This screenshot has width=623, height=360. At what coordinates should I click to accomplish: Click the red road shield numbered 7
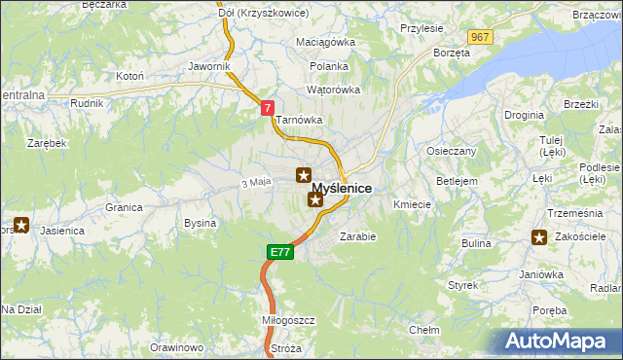click(268, 109)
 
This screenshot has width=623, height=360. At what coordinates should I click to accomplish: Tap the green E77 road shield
click(279, 252)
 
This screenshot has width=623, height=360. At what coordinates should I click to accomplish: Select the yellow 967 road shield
click(478, 37)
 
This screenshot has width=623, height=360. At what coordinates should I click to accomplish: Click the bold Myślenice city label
click(342, 188)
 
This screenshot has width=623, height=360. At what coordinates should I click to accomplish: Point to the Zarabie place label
click(357, 235)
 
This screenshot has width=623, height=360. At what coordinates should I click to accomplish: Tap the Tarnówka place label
click(298, 121)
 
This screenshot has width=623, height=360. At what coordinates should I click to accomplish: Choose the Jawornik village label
click(209, 66)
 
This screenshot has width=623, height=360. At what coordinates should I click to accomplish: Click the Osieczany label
click(452, 151)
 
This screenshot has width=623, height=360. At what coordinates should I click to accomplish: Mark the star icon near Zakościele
click(539, 236)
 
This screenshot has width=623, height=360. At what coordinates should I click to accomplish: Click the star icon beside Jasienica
click(21, 225)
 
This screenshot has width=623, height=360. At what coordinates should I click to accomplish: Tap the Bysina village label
click(200, 223)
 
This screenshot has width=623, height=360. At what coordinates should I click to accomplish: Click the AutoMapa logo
click(561, 341)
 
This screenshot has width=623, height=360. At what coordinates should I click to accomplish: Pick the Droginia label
click(524, 115)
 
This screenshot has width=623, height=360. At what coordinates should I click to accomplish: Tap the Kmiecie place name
click(412, 204)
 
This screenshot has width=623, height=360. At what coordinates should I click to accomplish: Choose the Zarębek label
click(47, 142)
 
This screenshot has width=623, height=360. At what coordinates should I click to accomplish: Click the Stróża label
click(286, 347)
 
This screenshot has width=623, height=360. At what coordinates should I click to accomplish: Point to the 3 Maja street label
click(255, 182)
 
